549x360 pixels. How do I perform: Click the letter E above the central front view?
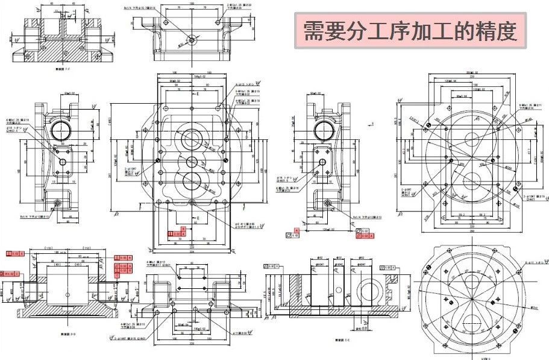(197, 95)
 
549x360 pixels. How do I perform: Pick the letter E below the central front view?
(197, 216)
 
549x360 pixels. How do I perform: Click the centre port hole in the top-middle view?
(192, 40)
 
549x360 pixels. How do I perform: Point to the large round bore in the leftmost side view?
(61, 130)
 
